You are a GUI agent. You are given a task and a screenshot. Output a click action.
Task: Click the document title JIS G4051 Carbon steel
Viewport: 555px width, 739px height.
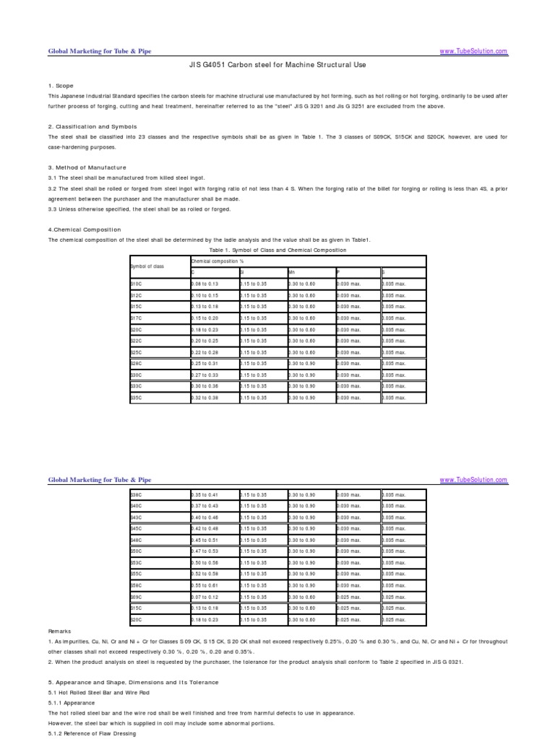tap(278, 64)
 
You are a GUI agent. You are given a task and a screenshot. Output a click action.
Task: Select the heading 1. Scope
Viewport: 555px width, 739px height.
tap(60, 86)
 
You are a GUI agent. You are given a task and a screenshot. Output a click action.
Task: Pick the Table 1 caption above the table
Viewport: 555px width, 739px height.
tap(277, 250)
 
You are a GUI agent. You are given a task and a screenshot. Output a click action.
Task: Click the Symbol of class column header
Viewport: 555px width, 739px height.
tap(147, 266)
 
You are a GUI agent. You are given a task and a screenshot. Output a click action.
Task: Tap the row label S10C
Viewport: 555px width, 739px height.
tap(136, 284)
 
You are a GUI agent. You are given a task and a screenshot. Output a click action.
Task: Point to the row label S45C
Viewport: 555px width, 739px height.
tap(136, 528)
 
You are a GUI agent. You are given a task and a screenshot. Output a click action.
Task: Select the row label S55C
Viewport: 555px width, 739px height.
tap(136, 573)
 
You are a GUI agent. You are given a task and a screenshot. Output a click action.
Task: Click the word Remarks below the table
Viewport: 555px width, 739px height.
tap(60, 631)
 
